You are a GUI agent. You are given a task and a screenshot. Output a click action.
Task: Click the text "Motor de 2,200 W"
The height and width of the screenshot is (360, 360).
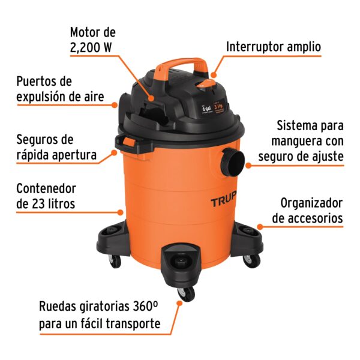click(92, 39)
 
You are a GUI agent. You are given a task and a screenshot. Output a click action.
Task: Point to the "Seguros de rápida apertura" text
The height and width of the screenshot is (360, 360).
click(56, 148)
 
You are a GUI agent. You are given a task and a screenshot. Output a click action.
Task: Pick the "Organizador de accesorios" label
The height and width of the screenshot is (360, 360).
click(307, 211)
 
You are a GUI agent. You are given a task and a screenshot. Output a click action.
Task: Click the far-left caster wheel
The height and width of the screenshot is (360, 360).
click(114, 260)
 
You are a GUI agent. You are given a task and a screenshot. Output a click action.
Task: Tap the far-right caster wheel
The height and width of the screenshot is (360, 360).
click(251, 260)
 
